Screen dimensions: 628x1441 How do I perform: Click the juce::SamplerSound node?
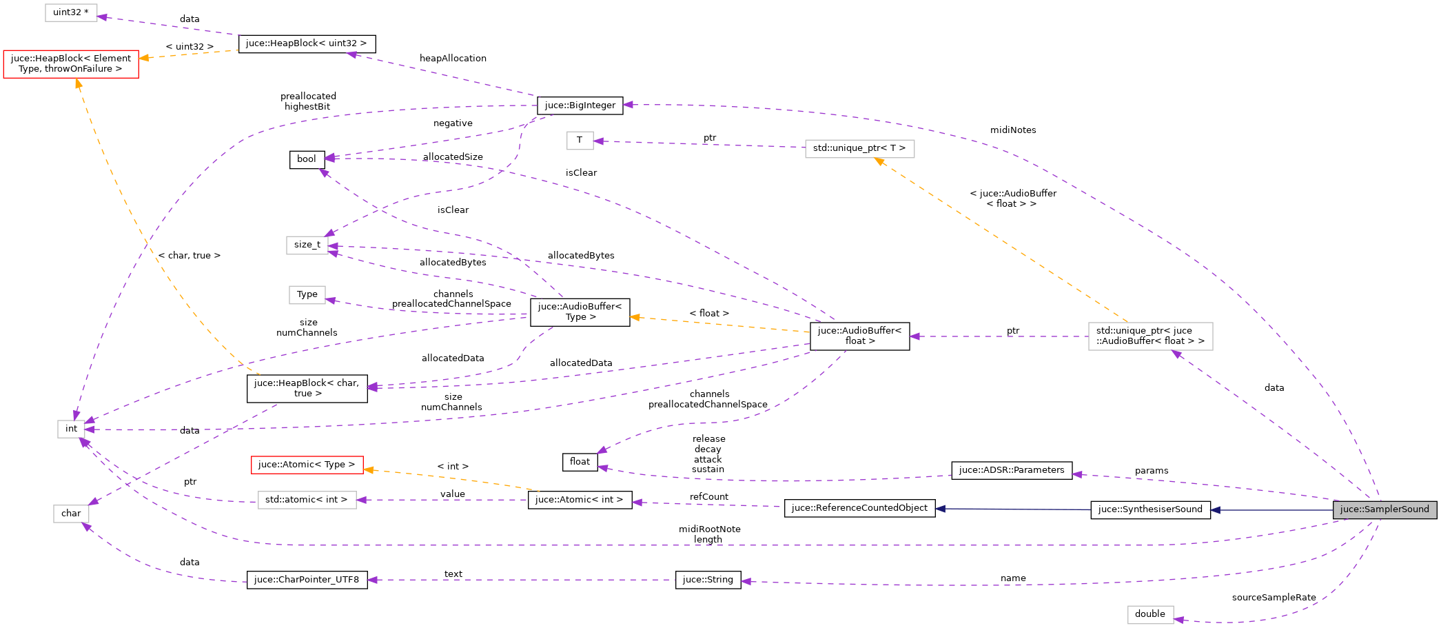pyautogui.click(x=1384, y=509)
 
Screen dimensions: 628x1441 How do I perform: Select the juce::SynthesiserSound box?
pyautogui.click(x=1150, y=509)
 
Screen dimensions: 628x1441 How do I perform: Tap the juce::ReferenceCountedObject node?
pyautogui.click(x=859, y=508)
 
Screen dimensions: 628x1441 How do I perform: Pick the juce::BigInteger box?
pyautogui.click(x=580, y=105)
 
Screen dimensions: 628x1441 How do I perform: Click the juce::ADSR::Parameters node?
pyautogui.click(x=1011, y=470)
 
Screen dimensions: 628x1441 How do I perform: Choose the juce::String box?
pyautogui.click(x=708, y=580)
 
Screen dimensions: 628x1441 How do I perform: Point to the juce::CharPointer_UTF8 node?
pyautogui.click(x=307, y=580)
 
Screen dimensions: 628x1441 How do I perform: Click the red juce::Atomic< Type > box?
pyautogui.click(x=307, y=465)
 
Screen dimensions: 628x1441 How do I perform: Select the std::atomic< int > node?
pyautogui.click(x=307, y=500)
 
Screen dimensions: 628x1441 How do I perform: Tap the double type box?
pyautogui.click(x=1150, y=614)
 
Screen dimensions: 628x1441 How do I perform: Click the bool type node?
pyautogui.click(x=307, y=159)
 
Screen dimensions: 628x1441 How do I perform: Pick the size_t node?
pyautogui.click(x=307, y=245)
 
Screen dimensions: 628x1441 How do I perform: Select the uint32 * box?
pyautogui.click(x=71, y=12)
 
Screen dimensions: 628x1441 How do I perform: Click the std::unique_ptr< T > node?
pyautogui.click(x=859, y=148)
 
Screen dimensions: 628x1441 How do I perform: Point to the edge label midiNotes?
pyautogui.click(x=1013, y=130)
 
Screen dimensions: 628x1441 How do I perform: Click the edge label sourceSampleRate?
pyautogui.click(x=1274, y=598)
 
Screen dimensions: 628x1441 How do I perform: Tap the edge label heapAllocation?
pyautogui.click(x=453, y=59)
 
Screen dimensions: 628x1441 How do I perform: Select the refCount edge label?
pyautogui.click(x=708, y=497)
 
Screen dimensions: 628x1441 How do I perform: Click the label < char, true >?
pyautogui.click(x=190, y=256)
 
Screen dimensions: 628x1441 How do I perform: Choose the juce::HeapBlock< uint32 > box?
pyautogui.click(x=307, y=43)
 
